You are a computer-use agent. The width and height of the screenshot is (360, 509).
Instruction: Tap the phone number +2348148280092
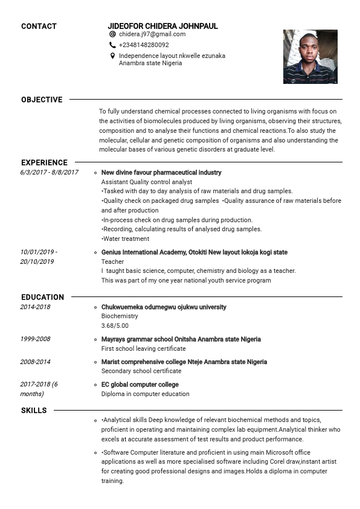point(144,45)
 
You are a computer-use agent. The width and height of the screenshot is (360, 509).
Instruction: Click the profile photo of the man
point(310,56)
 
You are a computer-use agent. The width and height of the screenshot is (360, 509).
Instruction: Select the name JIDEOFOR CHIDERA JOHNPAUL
point(162,26)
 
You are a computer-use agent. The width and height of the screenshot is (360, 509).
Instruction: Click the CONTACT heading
point(39,26)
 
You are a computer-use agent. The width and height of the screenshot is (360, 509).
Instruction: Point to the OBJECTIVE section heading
point(42,100)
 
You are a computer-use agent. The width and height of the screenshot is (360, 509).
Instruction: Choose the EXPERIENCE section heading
point(44,162)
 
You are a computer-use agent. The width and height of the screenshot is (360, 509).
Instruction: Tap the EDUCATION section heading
point(42,297)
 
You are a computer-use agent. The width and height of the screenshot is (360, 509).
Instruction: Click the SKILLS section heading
point(34,411)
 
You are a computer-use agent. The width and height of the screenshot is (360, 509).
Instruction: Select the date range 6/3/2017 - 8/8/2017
point(49,173)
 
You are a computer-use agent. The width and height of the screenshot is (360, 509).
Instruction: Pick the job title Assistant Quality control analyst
point(147,182)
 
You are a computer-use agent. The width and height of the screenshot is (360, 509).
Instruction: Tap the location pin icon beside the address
point(112,56)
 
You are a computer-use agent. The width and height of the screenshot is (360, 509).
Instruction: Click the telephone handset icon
point(112,45)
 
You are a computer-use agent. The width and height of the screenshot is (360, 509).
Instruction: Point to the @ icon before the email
point(112,34)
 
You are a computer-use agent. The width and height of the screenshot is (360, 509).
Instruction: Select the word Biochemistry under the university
point(120,316)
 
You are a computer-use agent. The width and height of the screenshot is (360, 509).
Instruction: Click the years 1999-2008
point(35,339)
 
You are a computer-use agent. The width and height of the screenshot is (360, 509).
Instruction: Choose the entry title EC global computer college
point(140,385)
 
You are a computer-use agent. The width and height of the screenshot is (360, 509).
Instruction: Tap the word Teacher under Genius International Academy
point(112,261)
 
